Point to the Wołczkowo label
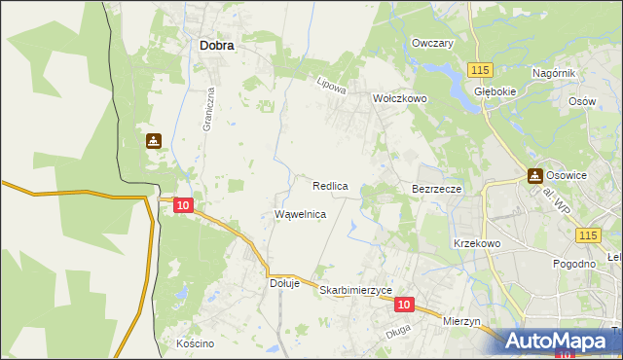pyautogui.click(x=400, y=99)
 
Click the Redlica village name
pyautogui.click(x=331, y=185)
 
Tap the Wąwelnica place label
pyautogui.click(x=301, y=214)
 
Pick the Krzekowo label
pyautogui.click(x=477, y=243)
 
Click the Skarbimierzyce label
pyautogui.click(x=355, y=291)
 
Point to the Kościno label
pyautogui.click(x=195, y=344)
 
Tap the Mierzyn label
pyautogui.click(x=462, y=321)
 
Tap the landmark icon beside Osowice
pyautogui.click(x=534, y=176)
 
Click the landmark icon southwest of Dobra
pyautogui.click(x=154, y=141)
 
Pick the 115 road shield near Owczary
pyautogui.click(x=479, y=70)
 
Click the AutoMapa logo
pyautogui.click(x=556, y=340)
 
